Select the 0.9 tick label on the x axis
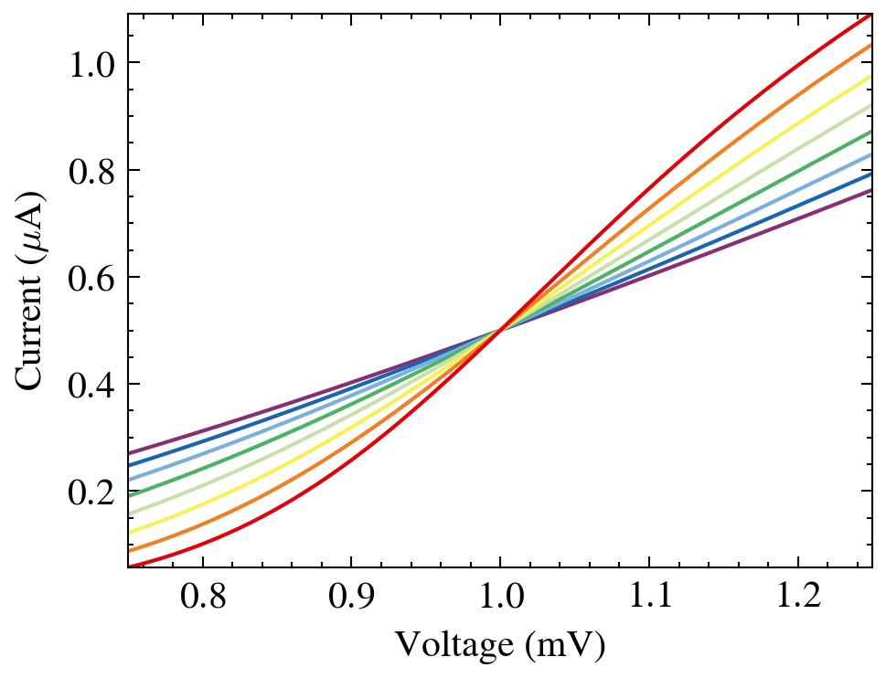click(x=350, y=599)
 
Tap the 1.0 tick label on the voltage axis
click(x=499, y=599)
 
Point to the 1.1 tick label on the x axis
click(x=648, y=599)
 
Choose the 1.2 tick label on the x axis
click(x=797, y=599)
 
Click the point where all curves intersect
click(x=499, y=329)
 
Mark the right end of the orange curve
click(x=870, y=45)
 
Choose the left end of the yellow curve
click(x=129, y=533)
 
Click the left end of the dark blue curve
click(x=129, y=466)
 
